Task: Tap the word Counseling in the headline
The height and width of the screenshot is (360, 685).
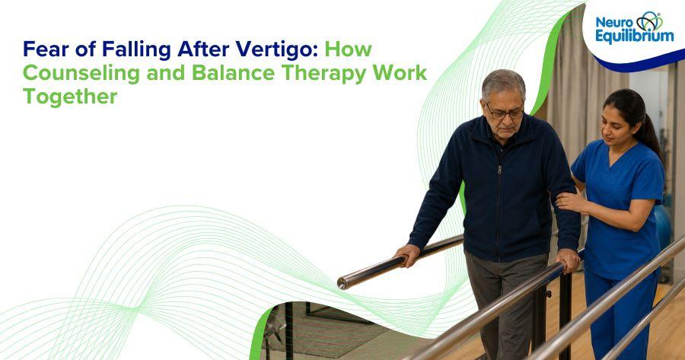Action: tap(81, 73)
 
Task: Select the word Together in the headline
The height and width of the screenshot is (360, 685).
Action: tap(70, 97)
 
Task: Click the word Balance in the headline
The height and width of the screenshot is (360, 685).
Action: tap(233, 72)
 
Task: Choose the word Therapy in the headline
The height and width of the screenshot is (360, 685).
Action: tap(323, 73)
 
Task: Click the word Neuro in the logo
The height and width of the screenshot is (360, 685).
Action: tap(614, 22)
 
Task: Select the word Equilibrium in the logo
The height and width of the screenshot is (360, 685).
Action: tap(635, 37)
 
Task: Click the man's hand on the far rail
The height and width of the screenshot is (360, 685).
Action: tap(408, 255)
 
